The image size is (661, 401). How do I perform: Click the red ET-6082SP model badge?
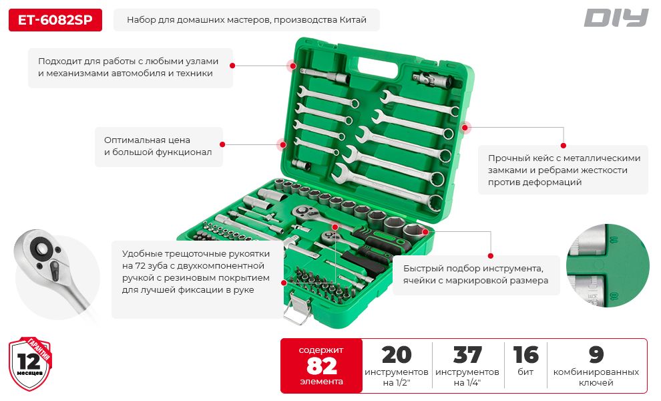(55, 20)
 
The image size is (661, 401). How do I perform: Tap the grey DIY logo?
(616, 18)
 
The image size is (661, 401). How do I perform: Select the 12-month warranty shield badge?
(30, 364)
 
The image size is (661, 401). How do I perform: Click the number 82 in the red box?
(322, 366)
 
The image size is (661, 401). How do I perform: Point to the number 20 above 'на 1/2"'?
(396, 355)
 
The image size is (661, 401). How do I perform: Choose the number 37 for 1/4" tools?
(467, 355)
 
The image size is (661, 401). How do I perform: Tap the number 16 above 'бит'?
(525, 355)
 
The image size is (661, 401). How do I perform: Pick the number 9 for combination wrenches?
(596, 355)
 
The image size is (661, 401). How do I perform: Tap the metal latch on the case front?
(298, 308)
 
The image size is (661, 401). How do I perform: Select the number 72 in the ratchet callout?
(141, 266)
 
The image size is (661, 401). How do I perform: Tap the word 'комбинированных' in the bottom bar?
(596, 372)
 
